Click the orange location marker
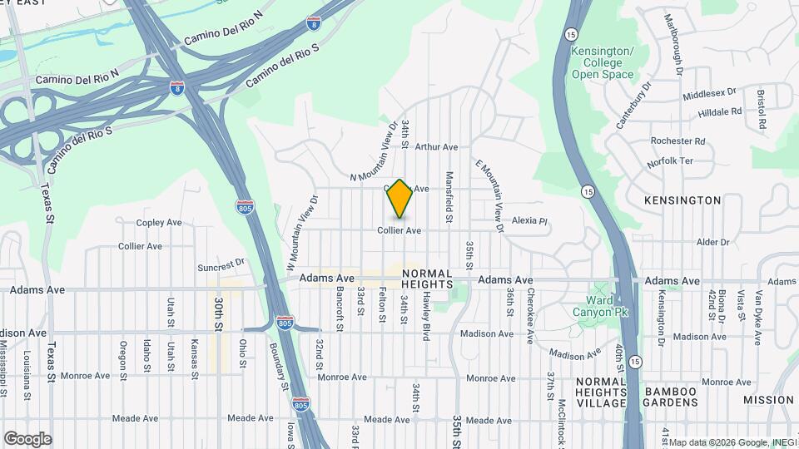tap(400, 199)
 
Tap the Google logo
tap(27, 439)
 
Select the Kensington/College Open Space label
tap(603, 63)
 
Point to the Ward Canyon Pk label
tap(598, 306)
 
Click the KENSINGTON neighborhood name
tap(682, 200)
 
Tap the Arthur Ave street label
tap(436, 147)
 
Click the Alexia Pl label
tap(529, 221)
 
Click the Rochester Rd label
tap(678, 141)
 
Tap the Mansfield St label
tap(449, 196)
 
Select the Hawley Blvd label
tap(424, 308)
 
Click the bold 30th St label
tap(218, 314)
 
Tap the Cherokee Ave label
tap(529, 316)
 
